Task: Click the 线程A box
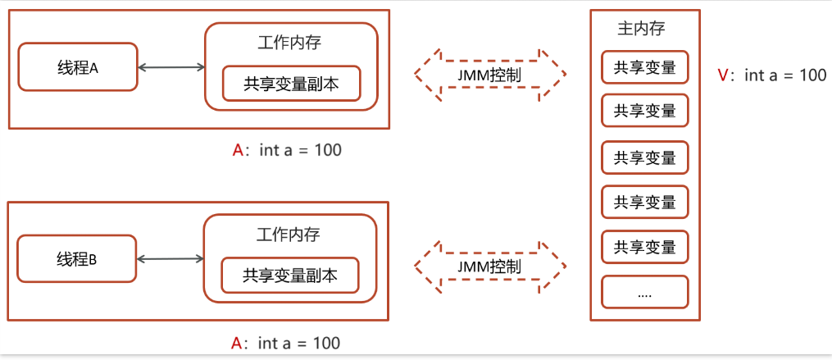(x=77, y=67)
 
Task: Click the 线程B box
(x=77, y=259)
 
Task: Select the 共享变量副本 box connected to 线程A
(x=291, y=84)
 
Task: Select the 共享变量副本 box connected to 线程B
(x=290, y=275)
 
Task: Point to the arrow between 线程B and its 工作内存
(x=170, y=259)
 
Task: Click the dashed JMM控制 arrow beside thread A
(x=490, y=75)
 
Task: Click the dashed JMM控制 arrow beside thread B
(x=490, y=267)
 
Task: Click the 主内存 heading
(x=640, y=29)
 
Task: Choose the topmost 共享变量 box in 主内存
(x=644, y=67)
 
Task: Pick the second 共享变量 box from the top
(x=644, y=111)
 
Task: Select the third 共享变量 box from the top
(x=644, y=157)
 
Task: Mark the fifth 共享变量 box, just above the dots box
(x=644, y=247)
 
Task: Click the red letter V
(x=722, y=75)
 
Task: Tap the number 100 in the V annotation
(x=812, y=75)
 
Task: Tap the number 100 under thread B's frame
(x=325, y=343)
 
